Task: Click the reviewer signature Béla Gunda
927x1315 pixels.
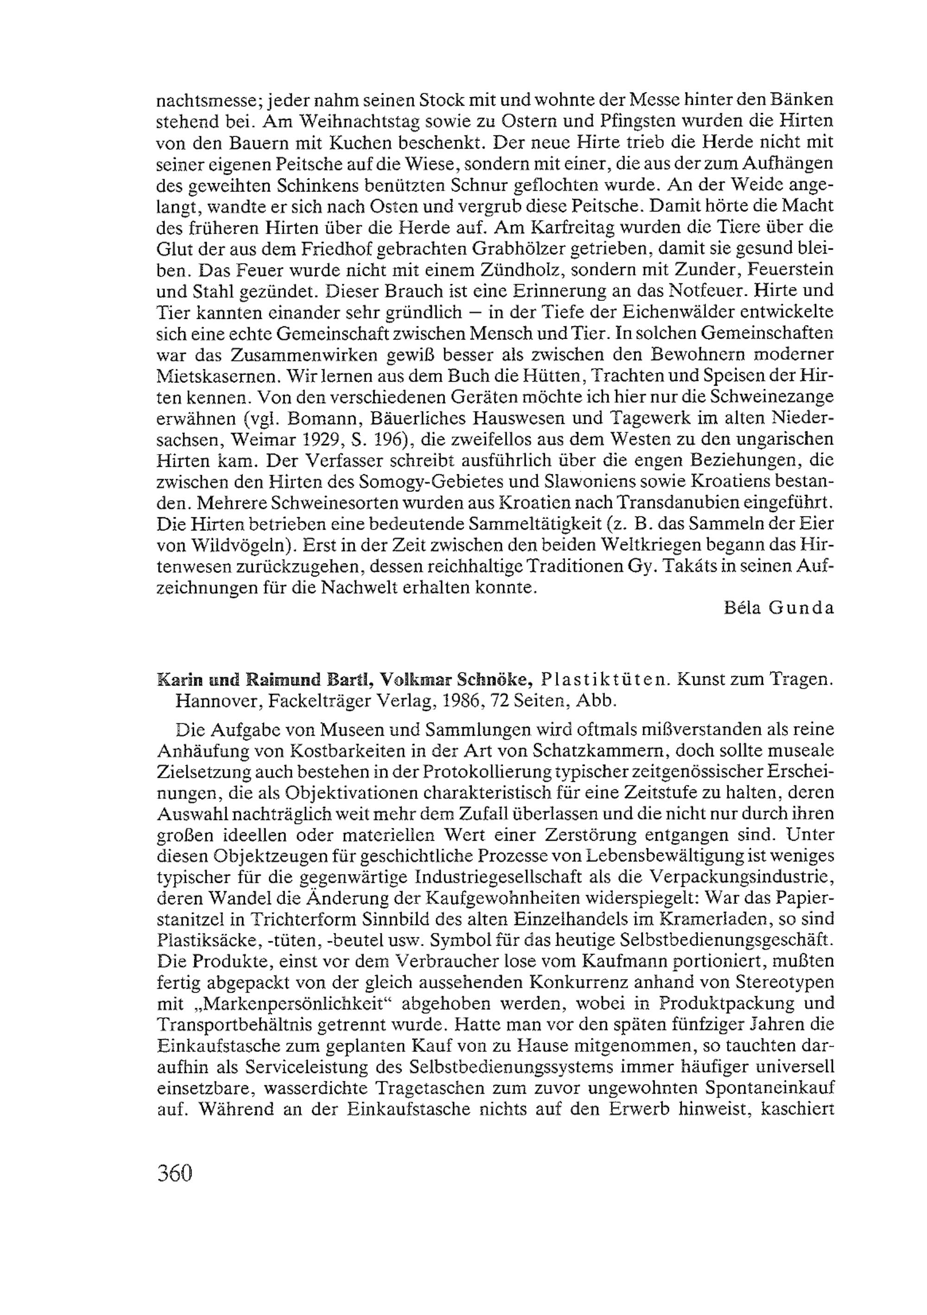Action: (778, 608)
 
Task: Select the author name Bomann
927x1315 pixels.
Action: (324, 418)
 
